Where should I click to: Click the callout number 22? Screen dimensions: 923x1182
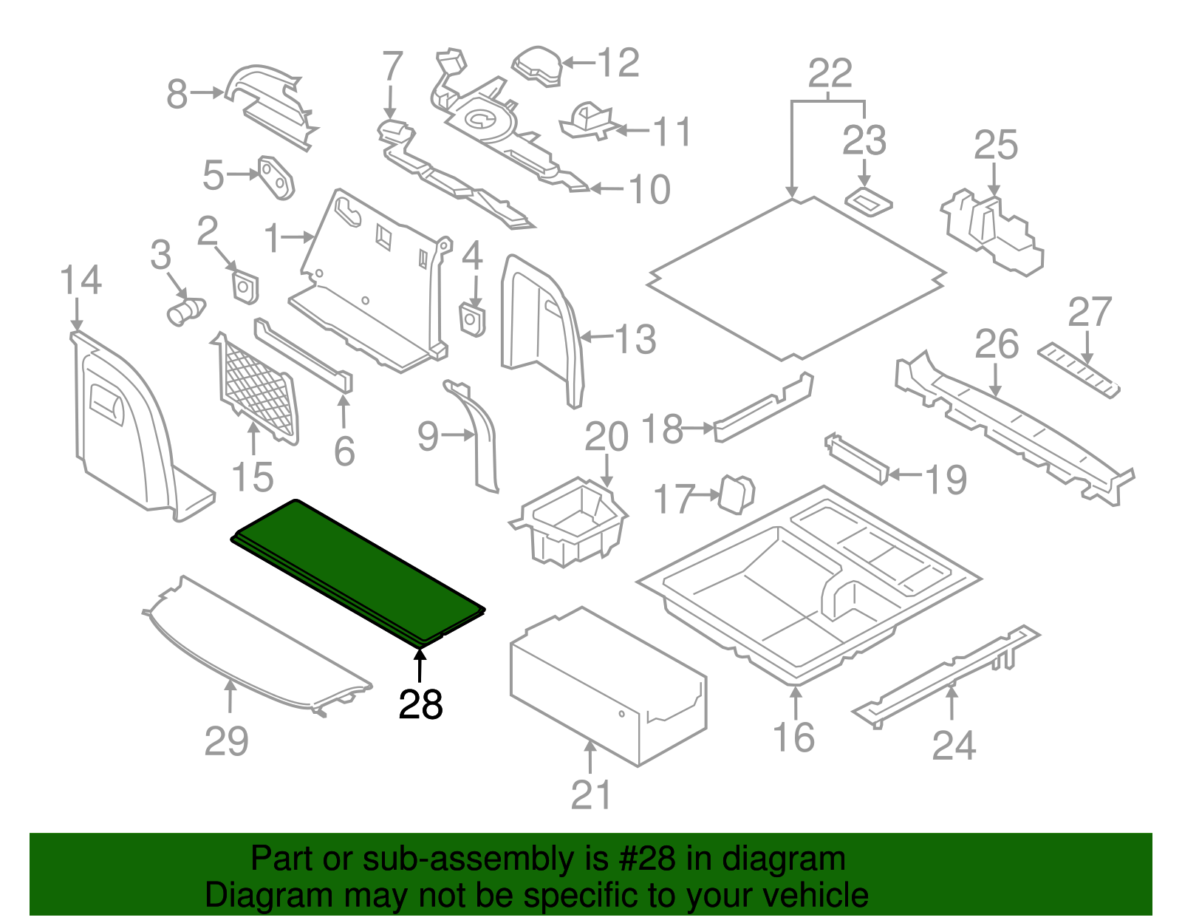click(x=830, y=74)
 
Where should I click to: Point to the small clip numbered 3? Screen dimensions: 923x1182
click(x=185, y=310)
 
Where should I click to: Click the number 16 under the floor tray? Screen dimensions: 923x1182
click(x=793, y=738)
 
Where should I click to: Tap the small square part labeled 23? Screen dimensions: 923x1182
click(x=867, y=201)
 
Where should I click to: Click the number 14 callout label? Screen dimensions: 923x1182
click(x=81, y=281)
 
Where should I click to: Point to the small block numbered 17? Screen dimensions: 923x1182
click(x=736, y=494)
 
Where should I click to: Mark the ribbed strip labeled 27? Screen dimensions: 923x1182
click(x=1079, y=369)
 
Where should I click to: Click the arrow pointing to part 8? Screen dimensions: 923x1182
click(x=208, y=92)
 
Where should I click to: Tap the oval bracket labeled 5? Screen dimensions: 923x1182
click(x=276, y=177)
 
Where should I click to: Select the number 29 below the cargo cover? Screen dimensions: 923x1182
click(x=226, y=740)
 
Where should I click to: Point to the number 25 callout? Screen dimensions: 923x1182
click(x=996, y=146)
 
